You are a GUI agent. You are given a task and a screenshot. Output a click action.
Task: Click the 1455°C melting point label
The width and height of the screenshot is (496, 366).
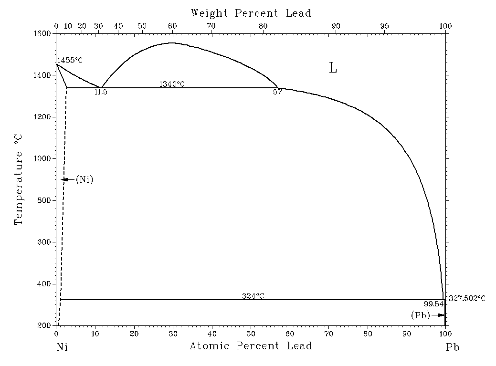point(70,61)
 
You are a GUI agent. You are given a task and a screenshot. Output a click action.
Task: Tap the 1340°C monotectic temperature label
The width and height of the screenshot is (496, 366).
point(172,84)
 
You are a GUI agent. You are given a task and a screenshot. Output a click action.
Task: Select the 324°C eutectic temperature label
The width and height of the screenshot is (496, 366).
point(253,296)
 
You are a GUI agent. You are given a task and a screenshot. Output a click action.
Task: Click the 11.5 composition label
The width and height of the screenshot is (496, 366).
point(101,92)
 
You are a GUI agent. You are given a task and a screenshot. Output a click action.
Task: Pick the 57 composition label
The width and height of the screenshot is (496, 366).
point(277,92)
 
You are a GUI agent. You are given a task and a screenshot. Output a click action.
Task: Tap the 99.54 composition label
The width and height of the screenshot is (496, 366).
point(433,303)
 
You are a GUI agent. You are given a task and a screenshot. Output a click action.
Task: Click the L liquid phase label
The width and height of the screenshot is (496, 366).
point(333,68)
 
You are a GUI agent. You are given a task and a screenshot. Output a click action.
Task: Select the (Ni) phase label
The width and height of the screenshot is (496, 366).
point(84,179)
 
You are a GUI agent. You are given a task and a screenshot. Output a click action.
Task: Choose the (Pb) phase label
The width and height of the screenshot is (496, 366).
point(421,315)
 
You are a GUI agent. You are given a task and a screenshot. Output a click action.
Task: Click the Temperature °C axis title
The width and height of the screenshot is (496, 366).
point(19,179)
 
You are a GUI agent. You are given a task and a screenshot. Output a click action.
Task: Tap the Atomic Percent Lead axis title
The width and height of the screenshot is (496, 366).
point(251,345)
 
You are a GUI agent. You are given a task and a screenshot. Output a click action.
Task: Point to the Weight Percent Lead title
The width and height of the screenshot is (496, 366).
point(251,13)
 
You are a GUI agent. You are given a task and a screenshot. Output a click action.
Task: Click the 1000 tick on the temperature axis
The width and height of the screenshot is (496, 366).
point(45,158)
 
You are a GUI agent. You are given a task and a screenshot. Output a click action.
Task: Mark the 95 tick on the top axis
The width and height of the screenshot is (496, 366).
point(384,26)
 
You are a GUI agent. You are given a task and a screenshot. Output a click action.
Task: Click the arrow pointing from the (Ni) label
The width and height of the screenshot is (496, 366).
point(67,179)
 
